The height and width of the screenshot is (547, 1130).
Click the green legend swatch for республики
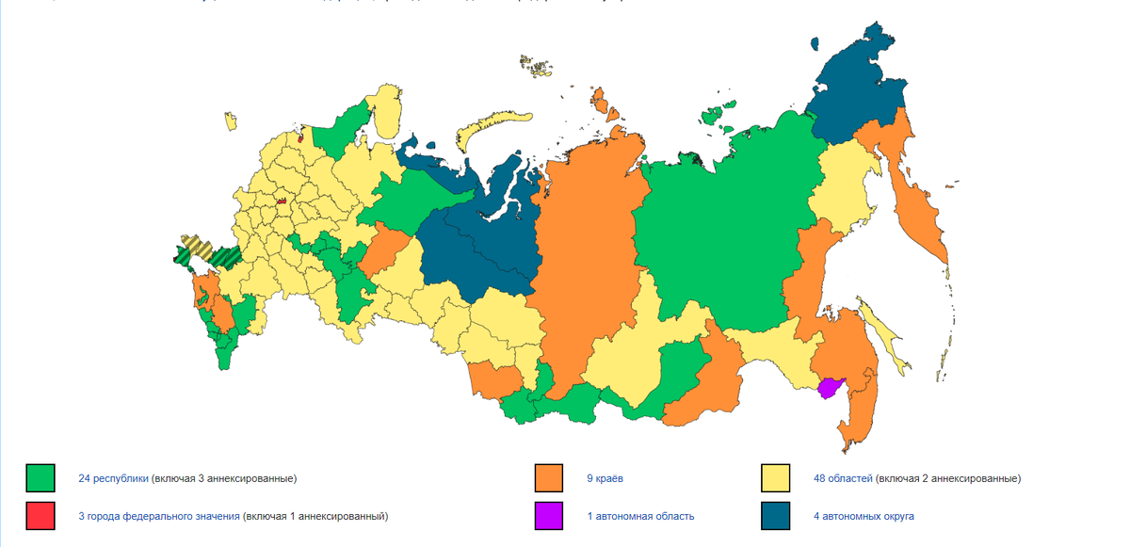(40, 478)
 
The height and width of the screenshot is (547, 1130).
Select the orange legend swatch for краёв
(548, 478)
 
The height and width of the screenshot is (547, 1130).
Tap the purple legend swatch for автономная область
(548, 516)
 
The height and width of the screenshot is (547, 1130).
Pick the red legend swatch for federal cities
(40, 516)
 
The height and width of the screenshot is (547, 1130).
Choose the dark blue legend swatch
(775, 516)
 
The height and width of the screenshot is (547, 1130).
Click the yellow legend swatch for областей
(775, 478)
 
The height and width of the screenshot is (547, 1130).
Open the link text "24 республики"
(113, 478)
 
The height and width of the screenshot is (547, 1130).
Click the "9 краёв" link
(605, 478)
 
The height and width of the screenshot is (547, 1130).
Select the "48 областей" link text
(843, 478)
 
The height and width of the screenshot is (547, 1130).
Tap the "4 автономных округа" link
(864, 516)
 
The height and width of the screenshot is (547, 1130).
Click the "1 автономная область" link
(640, 516)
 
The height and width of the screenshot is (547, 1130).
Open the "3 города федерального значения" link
(159, 516)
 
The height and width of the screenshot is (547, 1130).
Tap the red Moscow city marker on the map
(281, 201)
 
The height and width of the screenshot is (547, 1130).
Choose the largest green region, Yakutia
(716, 235)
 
